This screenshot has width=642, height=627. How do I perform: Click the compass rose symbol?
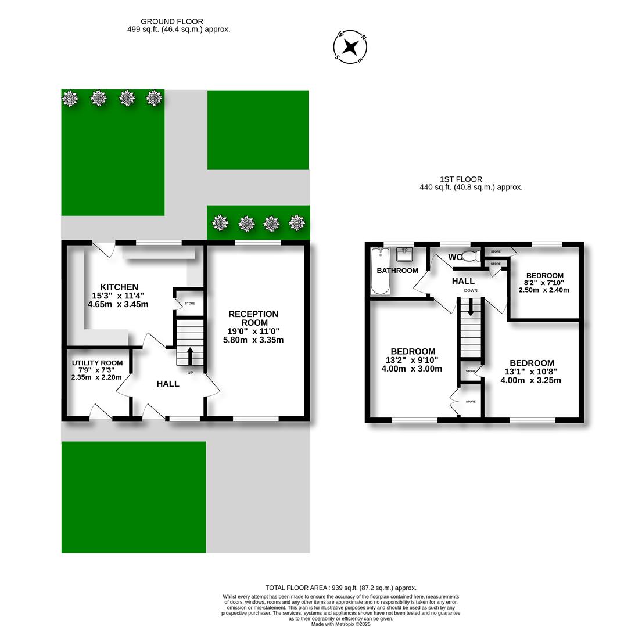point(350,46)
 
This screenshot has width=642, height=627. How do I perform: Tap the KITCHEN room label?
point(119,287)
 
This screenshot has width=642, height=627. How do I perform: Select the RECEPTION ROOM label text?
point(253,318)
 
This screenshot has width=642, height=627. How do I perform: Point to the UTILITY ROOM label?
point(97,363)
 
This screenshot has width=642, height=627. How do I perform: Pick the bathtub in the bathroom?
point(381,271)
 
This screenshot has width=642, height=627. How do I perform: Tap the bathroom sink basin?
point(404,254)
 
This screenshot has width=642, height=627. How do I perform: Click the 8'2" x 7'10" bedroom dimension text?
point(544,283)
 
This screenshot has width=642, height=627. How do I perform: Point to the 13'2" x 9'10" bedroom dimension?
point(412,360)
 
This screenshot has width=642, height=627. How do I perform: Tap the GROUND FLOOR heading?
point(172,21)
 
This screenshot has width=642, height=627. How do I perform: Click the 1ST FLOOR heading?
point(461,179)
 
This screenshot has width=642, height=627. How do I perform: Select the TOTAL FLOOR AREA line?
point(340,588)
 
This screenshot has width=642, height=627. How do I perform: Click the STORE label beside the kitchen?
point(190,304)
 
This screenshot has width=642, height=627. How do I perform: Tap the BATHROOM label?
point(397,271)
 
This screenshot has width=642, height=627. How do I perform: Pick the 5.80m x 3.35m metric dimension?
point(253,340)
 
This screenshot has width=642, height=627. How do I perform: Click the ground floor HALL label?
point(168,384)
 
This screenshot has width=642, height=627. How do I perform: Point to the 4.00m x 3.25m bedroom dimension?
point(530,380)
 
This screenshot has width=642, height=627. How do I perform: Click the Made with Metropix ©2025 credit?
point(340,624)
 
